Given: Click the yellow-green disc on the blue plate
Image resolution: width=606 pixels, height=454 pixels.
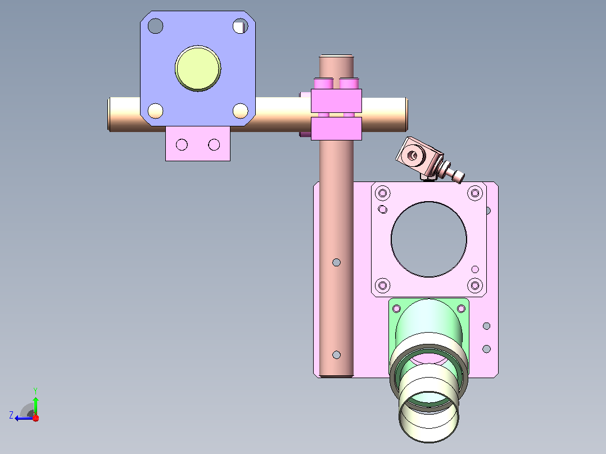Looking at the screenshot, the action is tap(198, 69).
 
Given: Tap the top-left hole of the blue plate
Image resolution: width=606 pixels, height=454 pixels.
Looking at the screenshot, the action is tap(155, 26).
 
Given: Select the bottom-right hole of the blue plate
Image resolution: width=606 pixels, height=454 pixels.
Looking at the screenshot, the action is tap(241, 111).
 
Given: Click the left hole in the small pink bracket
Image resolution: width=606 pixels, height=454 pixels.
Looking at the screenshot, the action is tap(182, 145).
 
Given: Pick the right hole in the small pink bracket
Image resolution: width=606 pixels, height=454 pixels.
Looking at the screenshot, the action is tap(214, 145).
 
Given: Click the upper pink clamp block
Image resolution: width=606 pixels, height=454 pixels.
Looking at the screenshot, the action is tap(336, 101).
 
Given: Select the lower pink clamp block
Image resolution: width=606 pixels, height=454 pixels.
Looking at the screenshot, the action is tap(336, 129).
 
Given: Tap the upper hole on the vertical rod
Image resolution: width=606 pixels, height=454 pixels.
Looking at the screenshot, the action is tap(336, 263).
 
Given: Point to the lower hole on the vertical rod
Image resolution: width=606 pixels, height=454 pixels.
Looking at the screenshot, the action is tap(336, 355).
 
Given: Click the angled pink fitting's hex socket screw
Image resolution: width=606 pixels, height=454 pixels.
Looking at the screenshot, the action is tap(413, 156).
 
